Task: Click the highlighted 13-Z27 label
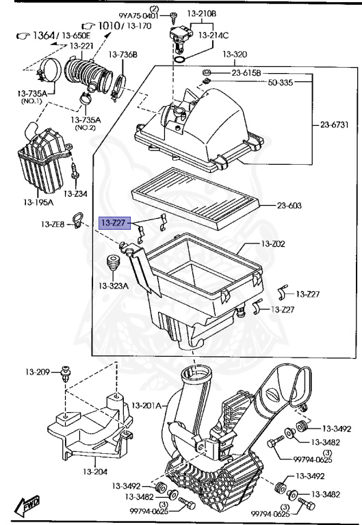[114, 222]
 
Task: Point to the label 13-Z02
[274, 243]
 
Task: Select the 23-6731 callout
[335, 124]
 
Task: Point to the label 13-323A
[113, 285]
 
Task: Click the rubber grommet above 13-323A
[112, 265]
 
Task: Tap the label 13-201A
[146, 405]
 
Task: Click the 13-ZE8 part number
[52, 224]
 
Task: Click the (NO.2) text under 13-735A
[86, 127]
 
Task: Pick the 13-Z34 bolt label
[81, 193]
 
